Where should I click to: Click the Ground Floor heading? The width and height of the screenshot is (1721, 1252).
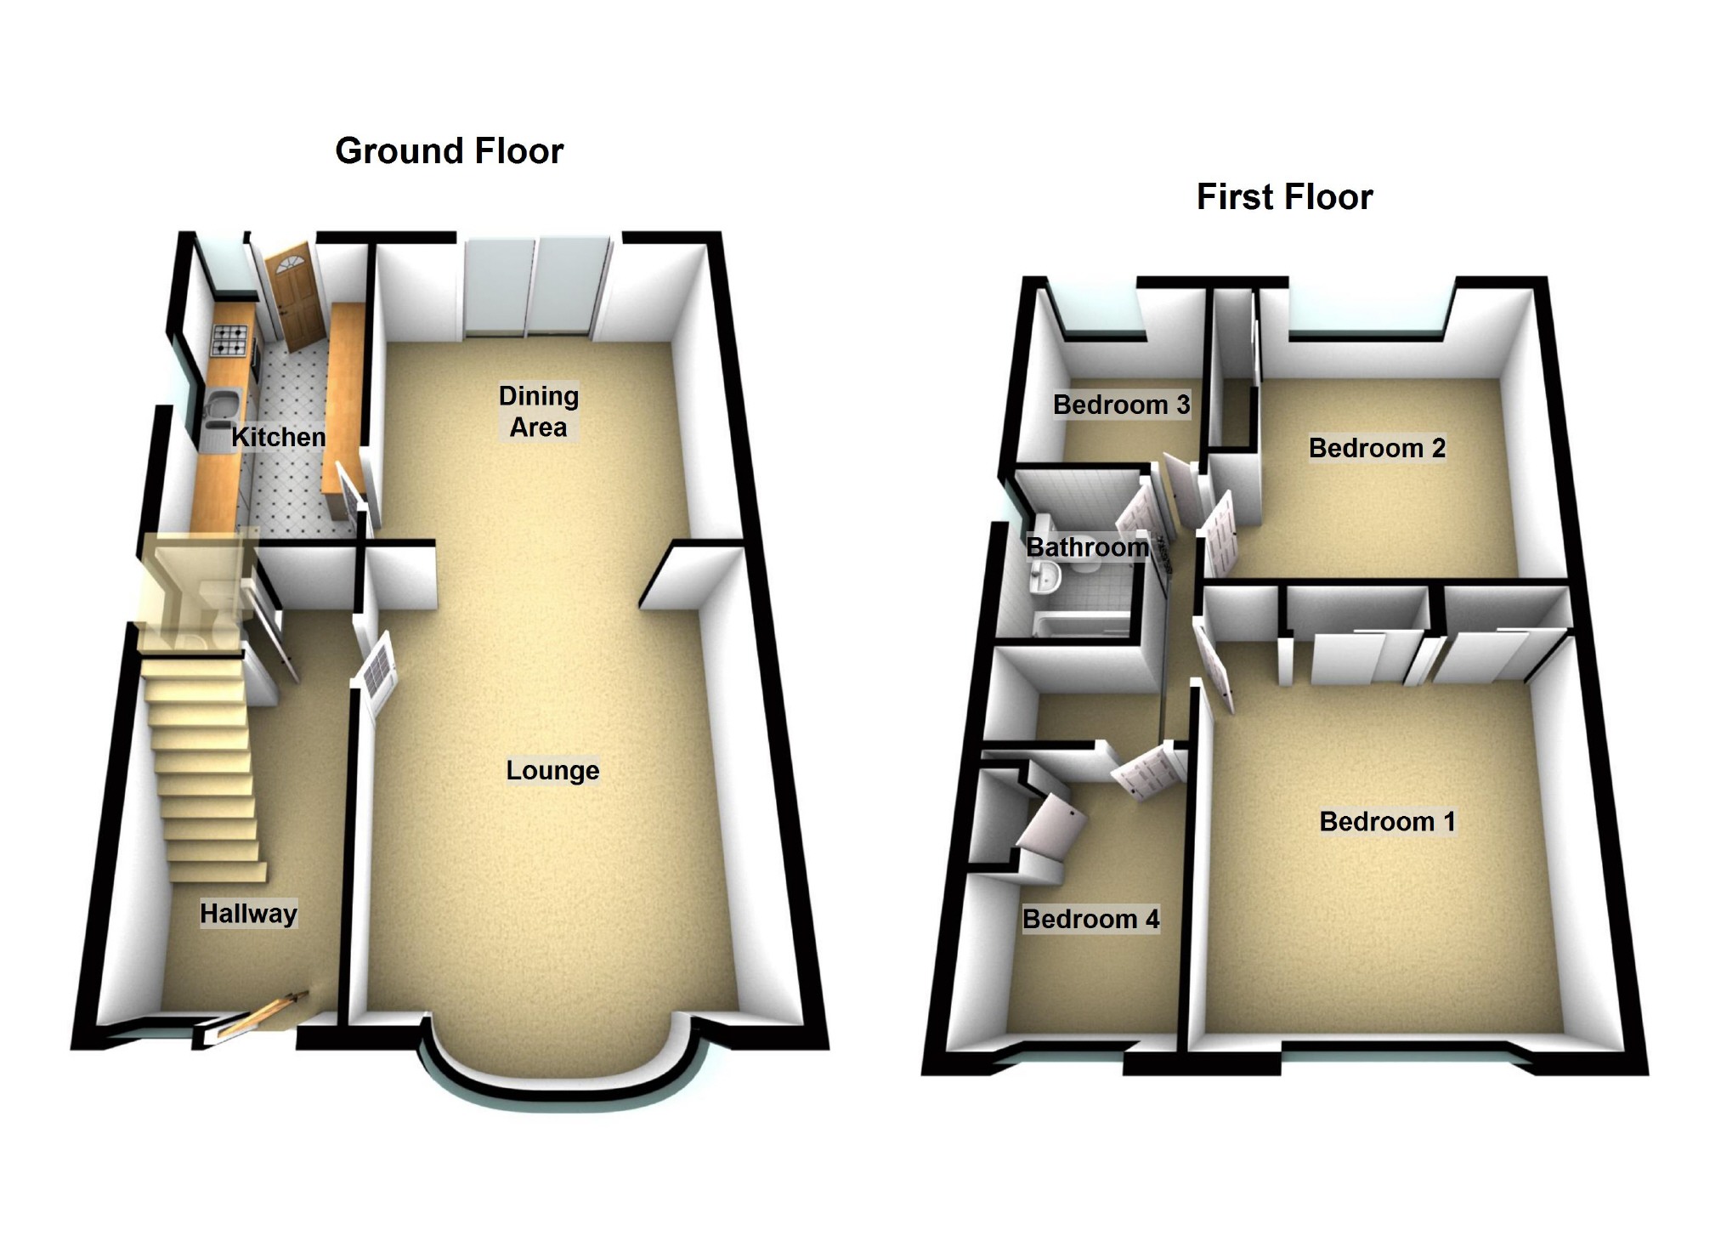coord(449,151)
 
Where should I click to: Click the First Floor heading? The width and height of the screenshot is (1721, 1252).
coord(1284,197)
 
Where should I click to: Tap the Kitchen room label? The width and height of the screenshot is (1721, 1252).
coord(279,437)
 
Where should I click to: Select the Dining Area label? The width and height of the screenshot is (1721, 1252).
coord(538,411)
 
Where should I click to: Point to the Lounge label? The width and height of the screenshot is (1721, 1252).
coord(552,770)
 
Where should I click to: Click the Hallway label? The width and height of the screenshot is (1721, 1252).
coord(248,914)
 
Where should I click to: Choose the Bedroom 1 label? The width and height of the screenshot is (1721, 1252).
coord(1387,821)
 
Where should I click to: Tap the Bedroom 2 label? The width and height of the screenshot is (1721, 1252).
coord(1377,448)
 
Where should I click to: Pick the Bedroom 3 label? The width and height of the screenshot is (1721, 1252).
coord(1121,405)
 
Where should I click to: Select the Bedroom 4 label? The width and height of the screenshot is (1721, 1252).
coord(1090,919)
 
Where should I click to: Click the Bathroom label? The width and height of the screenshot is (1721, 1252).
coord(1087,547)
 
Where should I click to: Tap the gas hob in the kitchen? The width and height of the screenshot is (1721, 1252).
coord(231,340)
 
